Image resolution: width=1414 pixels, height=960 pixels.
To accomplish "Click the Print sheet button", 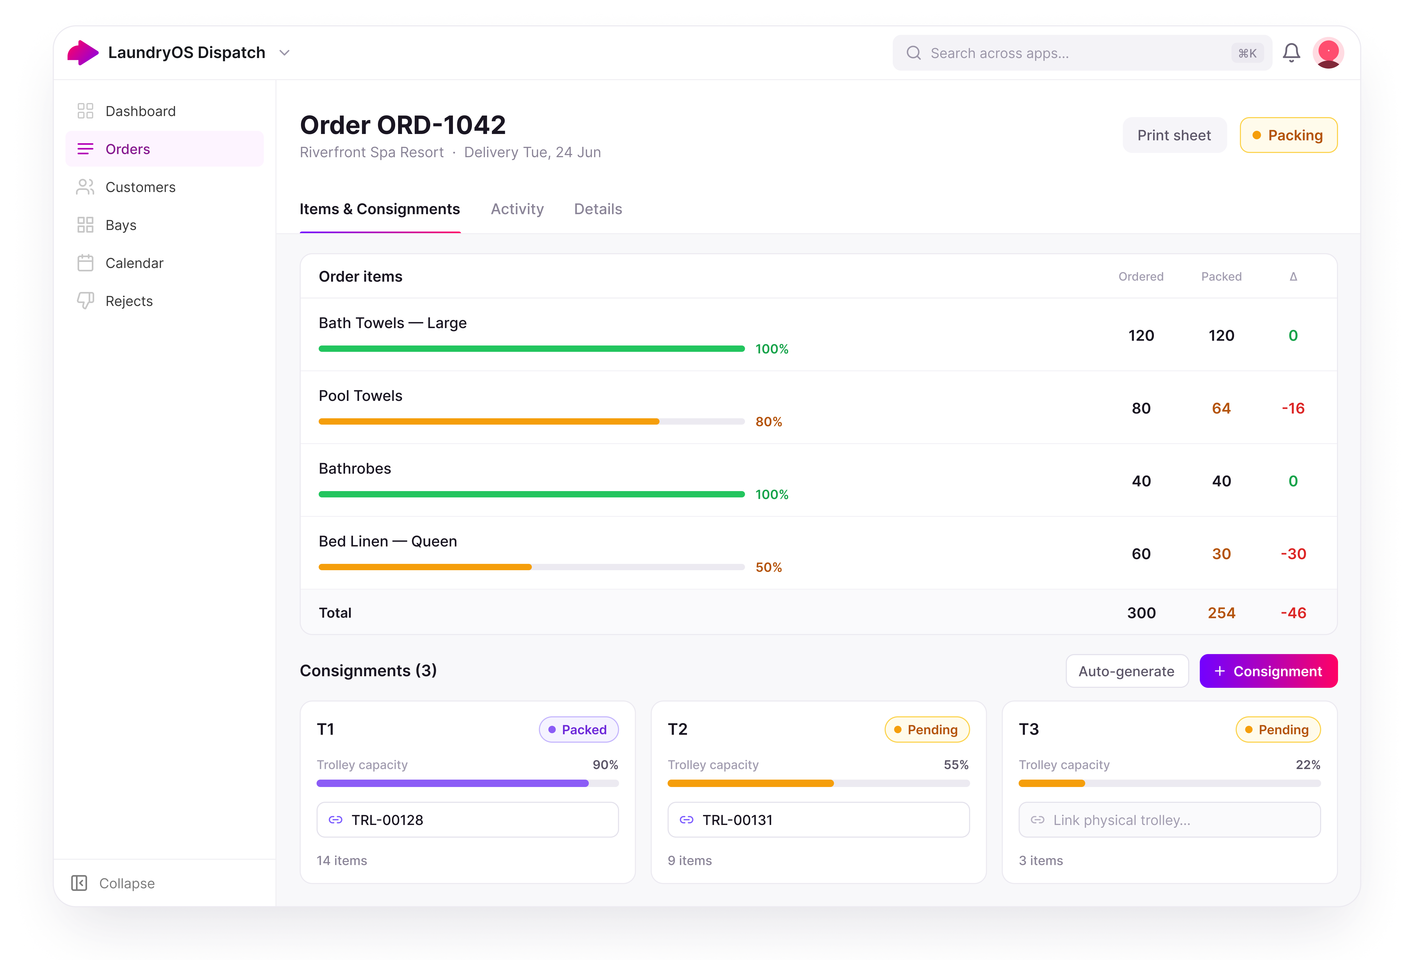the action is tap(1174, 135).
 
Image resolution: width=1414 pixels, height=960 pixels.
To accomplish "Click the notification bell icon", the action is tap(1291, 53).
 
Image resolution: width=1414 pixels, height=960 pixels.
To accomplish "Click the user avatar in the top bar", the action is tap(1328, 53).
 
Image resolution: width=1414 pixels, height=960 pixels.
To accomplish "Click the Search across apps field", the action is tap(1082, 53).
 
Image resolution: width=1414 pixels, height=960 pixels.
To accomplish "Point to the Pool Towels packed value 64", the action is tap(1221, 408).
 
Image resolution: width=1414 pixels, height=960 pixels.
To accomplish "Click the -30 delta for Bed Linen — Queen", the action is tap(1293, 554).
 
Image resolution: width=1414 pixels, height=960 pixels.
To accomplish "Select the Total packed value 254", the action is tap(1221, 613).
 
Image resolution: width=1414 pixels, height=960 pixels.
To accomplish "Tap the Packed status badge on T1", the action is tap(579, 729).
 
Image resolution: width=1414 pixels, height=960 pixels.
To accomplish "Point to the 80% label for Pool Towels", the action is tap(768, 422).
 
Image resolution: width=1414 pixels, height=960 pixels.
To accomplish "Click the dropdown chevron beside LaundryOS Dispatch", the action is tap(284, 53).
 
